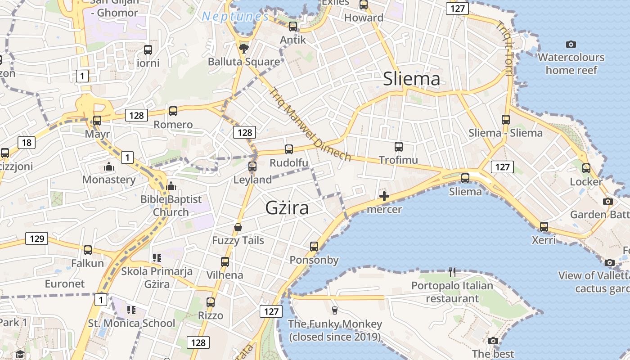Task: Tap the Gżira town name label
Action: point(287,208)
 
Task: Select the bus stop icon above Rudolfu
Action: point(289,149)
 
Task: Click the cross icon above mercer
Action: point(384,196)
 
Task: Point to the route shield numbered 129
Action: point(36,238)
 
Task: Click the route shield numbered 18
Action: point(27,143)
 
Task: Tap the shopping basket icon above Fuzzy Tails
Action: point(238,227)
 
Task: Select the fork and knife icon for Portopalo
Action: point(452,272)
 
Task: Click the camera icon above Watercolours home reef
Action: point(571,44)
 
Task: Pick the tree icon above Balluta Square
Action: point(244,48)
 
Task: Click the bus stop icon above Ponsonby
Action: point(314,246)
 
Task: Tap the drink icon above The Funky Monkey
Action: point(334,310)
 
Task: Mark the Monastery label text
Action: point(109,180)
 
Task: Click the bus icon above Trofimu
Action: point(399,146)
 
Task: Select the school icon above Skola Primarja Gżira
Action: point(157,258)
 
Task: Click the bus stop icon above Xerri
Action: point(544,226)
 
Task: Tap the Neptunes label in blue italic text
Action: point(235,17)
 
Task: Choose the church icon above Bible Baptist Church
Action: point(171,185)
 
